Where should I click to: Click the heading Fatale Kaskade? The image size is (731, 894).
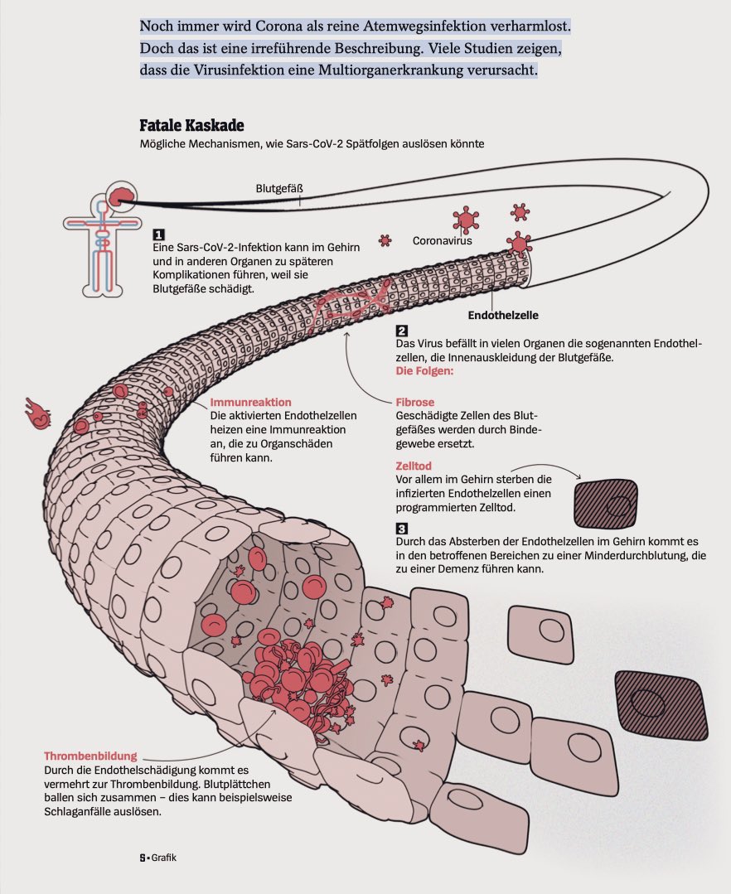(x=191, y=126)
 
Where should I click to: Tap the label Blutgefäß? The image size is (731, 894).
(x=279, y=188)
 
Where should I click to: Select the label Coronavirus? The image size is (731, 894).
(x=442, y=241)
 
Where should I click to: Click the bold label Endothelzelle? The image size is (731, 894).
(x=503, y=316)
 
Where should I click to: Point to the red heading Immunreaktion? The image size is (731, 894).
(x=250, y=402)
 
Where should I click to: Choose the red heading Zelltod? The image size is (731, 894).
(x=414, y=466)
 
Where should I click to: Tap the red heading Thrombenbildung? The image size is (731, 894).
(x=90, y=756)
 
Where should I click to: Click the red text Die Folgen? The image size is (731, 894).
(x=424, y=371)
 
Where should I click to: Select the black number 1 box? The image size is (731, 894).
(x=158, y=234)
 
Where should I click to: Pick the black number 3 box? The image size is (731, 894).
(x=401, y=529)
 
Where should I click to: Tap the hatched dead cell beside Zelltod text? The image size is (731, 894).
(x=607, y=500)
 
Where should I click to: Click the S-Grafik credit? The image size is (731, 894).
(x=157, y=858)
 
